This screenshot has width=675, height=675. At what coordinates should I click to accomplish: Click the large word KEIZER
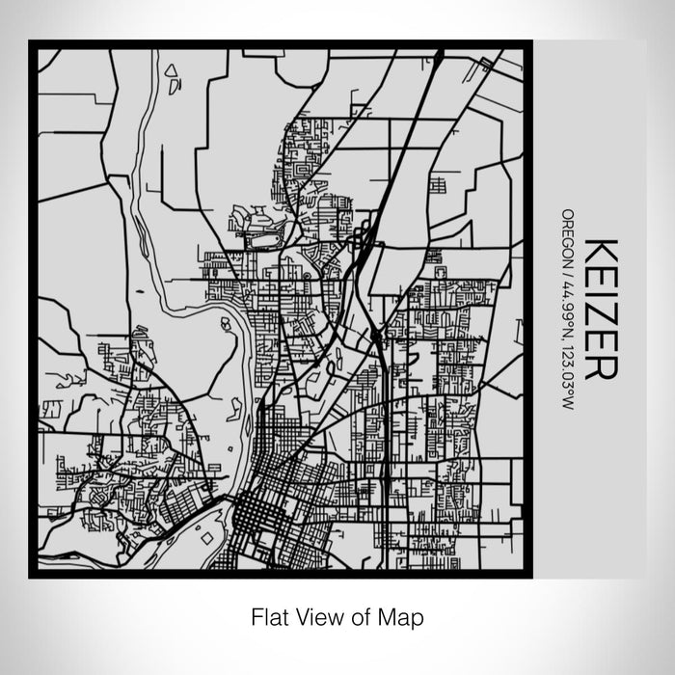596,308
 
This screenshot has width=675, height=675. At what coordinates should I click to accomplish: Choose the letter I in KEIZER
596,290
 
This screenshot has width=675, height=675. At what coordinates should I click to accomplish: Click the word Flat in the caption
269,615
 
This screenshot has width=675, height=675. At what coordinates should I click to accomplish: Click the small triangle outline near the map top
171,70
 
